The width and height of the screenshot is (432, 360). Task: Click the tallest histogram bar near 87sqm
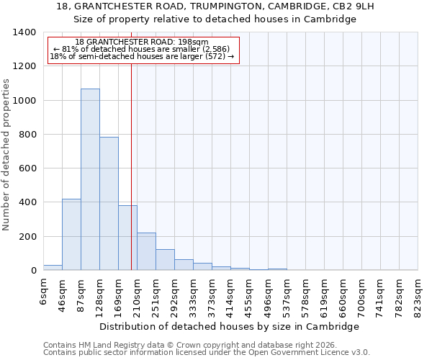pos(90,179)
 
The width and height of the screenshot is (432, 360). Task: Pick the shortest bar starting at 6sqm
pos(53,267)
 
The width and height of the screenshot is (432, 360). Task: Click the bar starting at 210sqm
pos(146,251)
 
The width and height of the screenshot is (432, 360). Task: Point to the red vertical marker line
pos(131,166)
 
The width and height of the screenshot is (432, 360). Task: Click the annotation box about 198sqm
pos(143,50)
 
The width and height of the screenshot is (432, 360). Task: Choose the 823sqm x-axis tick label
pos(418,293)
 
